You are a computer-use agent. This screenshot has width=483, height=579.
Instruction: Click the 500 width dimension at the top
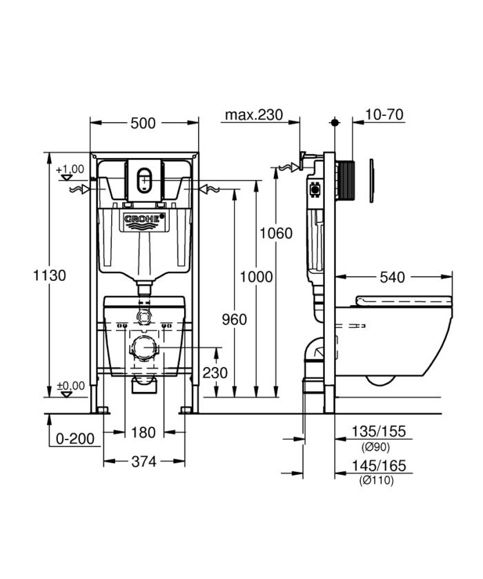click(143, 123)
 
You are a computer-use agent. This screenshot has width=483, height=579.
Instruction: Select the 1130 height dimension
click(51, 275)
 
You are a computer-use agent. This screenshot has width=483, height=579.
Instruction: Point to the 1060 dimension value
click(275, 233)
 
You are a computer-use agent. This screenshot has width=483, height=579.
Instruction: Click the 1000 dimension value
click(256, 276)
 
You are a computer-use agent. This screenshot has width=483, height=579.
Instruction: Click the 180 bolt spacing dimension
click(144, 433)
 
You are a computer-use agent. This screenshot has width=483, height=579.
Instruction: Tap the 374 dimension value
click(144, 460)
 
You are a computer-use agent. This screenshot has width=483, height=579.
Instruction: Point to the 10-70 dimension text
click(384, 115)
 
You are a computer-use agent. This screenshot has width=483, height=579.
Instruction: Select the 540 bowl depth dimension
click(392, 277)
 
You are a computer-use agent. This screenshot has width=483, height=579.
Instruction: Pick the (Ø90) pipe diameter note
click(377, 445)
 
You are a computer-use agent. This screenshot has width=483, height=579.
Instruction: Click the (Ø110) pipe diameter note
click(377, 480)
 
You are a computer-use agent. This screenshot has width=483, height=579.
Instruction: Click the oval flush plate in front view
click(144, 180)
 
